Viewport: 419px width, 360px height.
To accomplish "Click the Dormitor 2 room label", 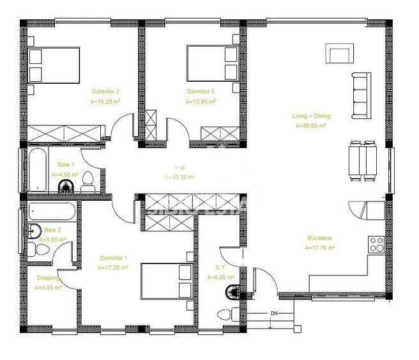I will (105, 91).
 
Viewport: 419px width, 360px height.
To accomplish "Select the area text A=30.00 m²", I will (311, 126).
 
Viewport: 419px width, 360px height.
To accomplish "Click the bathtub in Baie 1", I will (38, 171).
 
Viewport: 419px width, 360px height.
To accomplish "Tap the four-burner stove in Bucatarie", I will (376, 244).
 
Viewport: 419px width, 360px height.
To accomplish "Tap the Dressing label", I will (48, 278).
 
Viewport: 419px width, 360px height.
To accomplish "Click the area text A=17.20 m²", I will (114, 268).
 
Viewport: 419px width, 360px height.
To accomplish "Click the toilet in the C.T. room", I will (224, 315).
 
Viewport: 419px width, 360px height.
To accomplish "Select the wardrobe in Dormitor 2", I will (64, 134).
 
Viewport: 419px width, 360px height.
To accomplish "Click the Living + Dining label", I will (311, 116).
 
